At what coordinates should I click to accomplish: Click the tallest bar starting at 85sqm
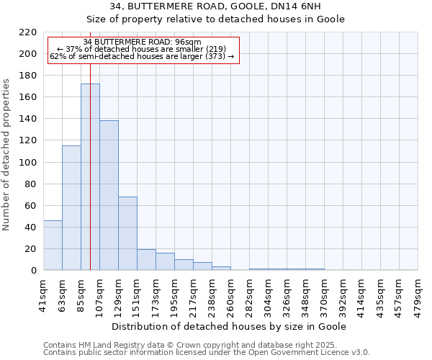coord(90,177)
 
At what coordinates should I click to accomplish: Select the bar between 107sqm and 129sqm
coord(109,195)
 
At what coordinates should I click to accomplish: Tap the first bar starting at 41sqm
coord(53,246)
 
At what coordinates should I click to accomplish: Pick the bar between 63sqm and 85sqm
coord(71,208)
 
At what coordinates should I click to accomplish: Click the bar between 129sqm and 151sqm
coord(127,233)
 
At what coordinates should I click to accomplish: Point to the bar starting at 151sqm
coord(146,260)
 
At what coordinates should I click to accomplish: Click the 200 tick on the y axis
coord(29,54)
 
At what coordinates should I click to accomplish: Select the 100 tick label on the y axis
coord(29,163)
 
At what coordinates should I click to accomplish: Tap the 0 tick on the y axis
coord(34,271)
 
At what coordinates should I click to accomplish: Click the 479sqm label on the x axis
coord(418,294)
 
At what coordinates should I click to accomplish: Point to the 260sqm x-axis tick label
coord(230,294)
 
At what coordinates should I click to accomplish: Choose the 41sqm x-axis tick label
coord(43,294)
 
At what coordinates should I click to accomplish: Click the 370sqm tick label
coord(324,294)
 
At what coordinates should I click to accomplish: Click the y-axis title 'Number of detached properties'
coord(7,155)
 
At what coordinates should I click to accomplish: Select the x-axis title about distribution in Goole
coord(230,326)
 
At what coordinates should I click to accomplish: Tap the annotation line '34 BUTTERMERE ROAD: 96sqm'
coord(143,42)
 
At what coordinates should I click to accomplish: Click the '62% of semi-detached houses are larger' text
coord(143,56)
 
